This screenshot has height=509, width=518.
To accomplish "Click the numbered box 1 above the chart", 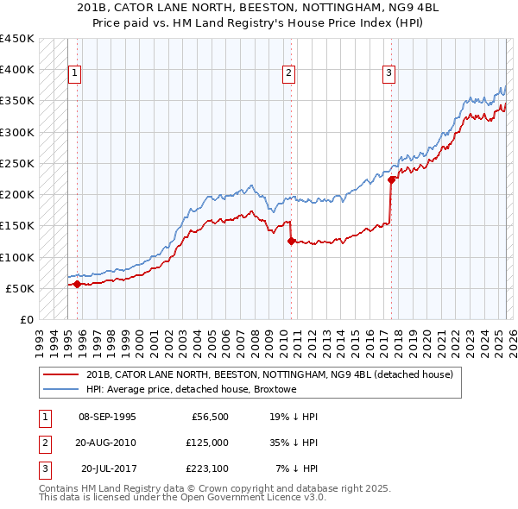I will point(75,74).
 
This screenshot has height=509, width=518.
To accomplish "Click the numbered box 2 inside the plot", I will point(288,74).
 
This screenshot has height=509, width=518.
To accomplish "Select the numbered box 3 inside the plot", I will point(388,74).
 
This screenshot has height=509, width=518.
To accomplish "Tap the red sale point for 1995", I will point(78,284).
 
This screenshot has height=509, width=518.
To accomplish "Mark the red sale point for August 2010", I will point(291,242).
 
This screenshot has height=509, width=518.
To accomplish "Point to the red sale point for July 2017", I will point(391,180).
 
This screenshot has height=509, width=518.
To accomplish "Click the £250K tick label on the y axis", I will point(16,163).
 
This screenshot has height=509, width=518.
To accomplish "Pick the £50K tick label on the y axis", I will point(21,288).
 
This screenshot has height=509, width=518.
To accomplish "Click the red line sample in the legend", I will point(62,374).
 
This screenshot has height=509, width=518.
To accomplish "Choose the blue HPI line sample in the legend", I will point(62,390).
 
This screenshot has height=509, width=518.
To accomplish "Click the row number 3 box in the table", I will point(42,469).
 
